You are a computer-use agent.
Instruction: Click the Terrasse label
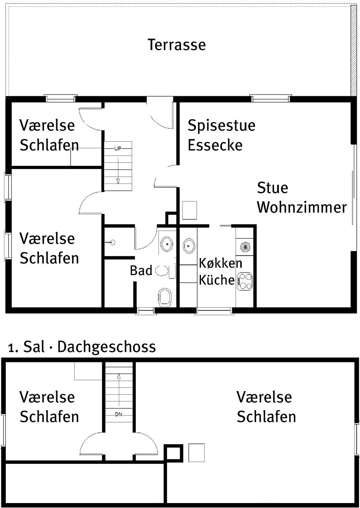[177, 45]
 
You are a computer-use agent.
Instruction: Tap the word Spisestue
[221, 126]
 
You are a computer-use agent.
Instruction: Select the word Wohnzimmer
[302, 207]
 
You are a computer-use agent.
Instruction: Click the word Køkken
[220, 263]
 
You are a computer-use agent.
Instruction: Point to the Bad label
[141, 271]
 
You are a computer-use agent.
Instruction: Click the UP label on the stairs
[118, 149]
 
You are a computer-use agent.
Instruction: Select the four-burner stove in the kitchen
[244, 281]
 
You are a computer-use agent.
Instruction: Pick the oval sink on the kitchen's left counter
[189, 246]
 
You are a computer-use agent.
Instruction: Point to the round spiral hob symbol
[246, 247]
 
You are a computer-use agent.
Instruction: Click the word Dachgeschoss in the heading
[107, 347]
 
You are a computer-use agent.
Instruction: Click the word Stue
[273, 187]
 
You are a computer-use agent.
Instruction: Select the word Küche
[216, 280]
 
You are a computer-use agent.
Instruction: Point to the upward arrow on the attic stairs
[119, 390]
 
